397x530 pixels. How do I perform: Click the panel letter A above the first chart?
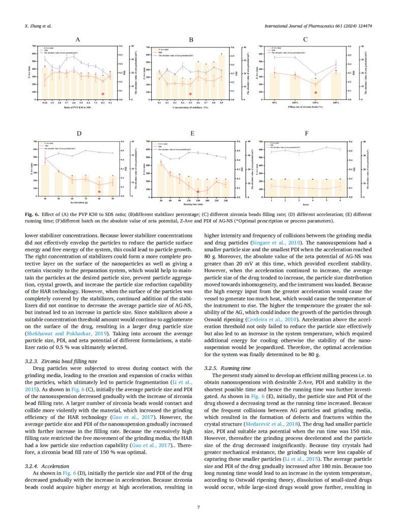77,39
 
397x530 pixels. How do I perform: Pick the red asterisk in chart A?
103,94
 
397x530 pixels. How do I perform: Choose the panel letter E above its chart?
192,134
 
